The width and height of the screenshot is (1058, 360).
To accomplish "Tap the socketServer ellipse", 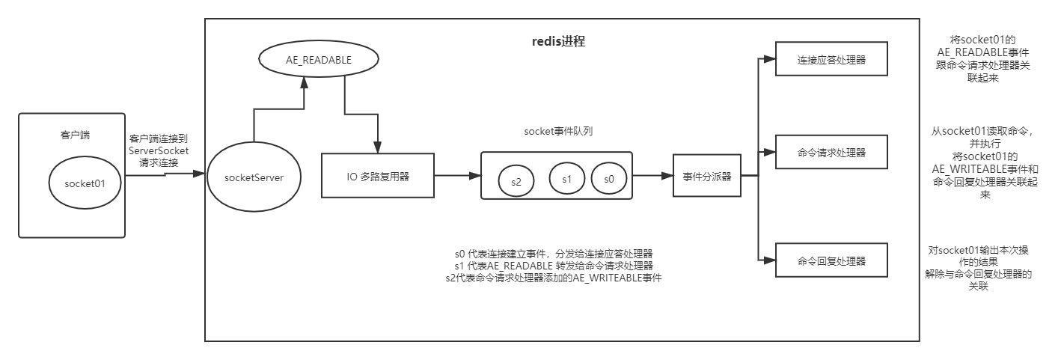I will click(x=254, y=177).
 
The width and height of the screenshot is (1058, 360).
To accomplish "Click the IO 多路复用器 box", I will click(x=378, y=176).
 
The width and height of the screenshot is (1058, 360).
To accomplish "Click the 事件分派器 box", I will click(x=706, y=177).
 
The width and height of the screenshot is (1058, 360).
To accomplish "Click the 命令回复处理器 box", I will click(x=831, y=261).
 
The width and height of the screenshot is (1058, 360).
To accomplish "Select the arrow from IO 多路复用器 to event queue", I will click(x=457, y=176).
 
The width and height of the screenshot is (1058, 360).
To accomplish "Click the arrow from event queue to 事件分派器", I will click(x=653, y=176).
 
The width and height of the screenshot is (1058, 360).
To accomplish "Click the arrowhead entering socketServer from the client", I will click(x=198, y=174).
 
